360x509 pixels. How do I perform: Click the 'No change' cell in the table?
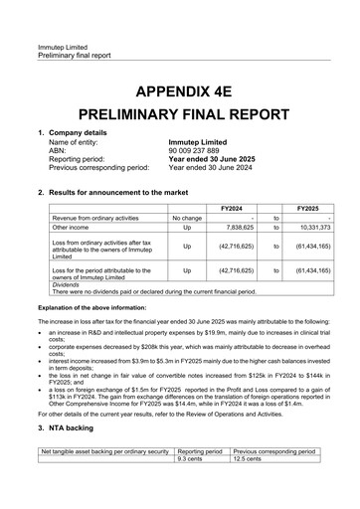point(187,217)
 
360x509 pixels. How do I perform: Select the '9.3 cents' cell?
point(190,458)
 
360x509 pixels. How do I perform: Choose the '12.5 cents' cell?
point(246,458)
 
